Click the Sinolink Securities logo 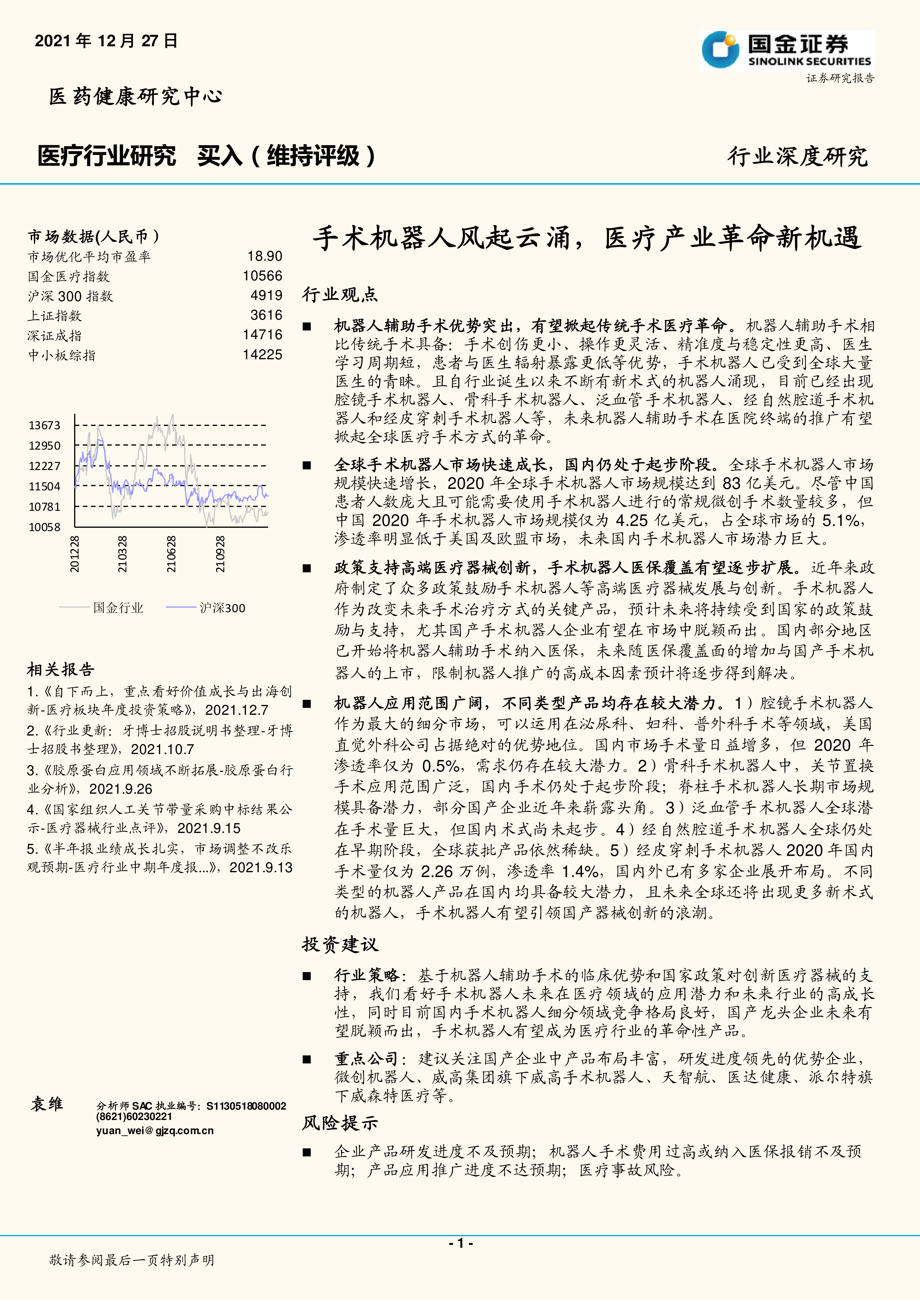(x=786, y=50)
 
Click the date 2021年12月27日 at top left (x=106, y=41)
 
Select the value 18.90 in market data (x=265, y=257)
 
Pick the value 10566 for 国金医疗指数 (x=262, y=276)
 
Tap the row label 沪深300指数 (x=70, y=296)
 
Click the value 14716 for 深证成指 (x=262, y=335)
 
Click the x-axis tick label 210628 (x=171, y=554)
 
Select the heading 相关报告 (x=61, y=670)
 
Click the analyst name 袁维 (x=47, y=1104)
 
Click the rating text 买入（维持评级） (x=286, y=156)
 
